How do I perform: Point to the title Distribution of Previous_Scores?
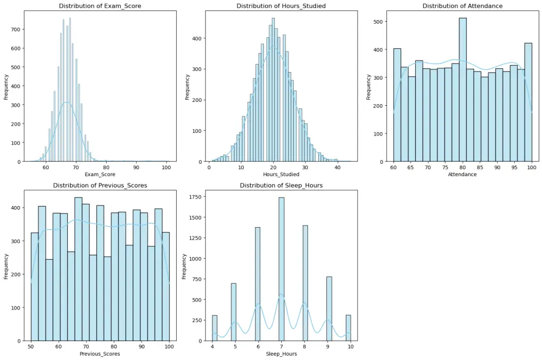pos(100,185)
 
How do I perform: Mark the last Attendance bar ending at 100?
pos(528,102)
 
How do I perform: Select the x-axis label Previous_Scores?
pos(100,353)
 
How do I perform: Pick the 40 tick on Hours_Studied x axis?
pos(337,168)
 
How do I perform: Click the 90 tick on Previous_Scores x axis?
pos(141,346)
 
